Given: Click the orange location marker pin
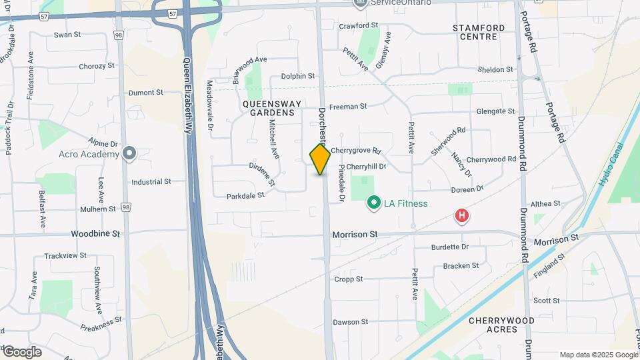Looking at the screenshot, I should click(320, 159).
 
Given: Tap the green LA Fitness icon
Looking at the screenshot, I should click(374, 203).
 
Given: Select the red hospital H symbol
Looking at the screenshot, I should click(461, 216).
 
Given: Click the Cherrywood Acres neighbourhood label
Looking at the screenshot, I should click(501, 325).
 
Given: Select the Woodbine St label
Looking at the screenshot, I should click(96, 234).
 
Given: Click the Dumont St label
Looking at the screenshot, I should click(145, 93).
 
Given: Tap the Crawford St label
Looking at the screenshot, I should click(358, 25).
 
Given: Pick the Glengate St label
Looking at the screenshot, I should click(495, 111).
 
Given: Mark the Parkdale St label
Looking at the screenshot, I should click(245, 196).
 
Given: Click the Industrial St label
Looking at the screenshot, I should click(151, 181).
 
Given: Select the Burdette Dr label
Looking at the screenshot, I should click(450, 247).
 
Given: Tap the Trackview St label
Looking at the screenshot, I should click(65, 255).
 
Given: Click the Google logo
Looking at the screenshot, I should click(21, 352).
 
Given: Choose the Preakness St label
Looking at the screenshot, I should click(101, 323).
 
